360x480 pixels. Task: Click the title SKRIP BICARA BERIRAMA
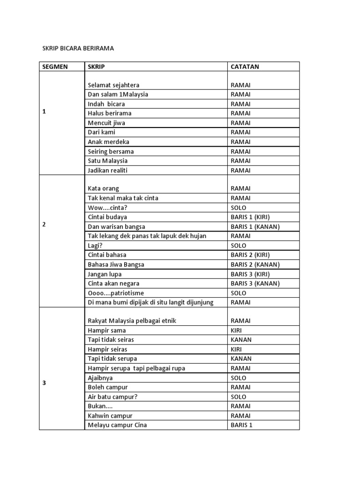[78, 48]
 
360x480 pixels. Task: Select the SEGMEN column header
[55, 67]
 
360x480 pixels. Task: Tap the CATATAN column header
[245, 67]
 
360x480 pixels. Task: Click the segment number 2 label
[44, 224]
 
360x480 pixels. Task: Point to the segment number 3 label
[44, 383]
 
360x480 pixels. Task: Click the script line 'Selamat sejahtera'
[113, 85]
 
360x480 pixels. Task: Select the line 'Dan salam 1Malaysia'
[118, 95]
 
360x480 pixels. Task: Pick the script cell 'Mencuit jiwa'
[106, 123]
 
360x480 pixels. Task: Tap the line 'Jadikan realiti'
[107, 171]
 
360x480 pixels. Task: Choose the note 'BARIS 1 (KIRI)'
[250, 217]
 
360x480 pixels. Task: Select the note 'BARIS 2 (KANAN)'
[255, 264]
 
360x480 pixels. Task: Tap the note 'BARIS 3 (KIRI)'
[250, 274]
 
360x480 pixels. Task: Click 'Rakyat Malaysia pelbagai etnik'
[132, 321]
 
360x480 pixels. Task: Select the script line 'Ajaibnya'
[100, 378]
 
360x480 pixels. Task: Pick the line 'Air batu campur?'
[112, 397]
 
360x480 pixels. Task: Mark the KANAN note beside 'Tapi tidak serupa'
[241, 359]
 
